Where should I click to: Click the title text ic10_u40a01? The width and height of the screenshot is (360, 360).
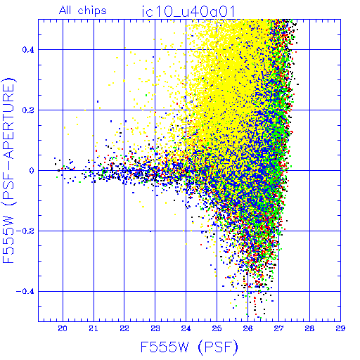point(188,12)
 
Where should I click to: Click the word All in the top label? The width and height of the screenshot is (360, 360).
point(65,11)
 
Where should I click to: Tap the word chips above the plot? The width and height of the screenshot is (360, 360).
point(92,11)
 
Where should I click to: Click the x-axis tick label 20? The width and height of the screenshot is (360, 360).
point(63,328)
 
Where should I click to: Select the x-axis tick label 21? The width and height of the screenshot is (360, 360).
point(94,328)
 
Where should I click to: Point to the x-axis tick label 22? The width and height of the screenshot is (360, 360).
point(124,328)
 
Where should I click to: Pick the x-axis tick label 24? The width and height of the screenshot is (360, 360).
point(186,328)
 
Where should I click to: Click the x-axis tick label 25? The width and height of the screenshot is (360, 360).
point(217,328)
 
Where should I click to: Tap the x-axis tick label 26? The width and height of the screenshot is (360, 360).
point(247,328)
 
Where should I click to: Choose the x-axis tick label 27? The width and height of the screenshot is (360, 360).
point(278,328)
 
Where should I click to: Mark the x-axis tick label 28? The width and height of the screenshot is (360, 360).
point(309,328)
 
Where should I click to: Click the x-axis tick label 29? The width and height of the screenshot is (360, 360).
point(340,328)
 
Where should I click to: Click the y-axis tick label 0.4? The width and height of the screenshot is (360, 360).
point(28,50)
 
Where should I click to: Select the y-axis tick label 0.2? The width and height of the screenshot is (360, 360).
point(28,110)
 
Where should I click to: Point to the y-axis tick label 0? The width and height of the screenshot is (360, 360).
point(32,171)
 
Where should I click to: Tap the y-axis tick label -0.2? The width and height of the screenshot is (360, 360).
point(25,231)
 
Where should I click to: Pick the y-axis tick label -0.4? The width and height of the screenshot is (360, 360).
point(25,292)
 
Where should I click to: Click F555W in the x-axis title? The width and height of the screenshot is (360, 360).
point(165,347)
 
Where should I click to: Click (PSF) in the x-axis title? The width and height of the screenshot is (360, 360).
point(218,347)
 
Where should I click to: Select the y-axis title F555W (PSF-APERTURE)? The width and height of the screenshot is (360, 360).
point(8,171)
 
